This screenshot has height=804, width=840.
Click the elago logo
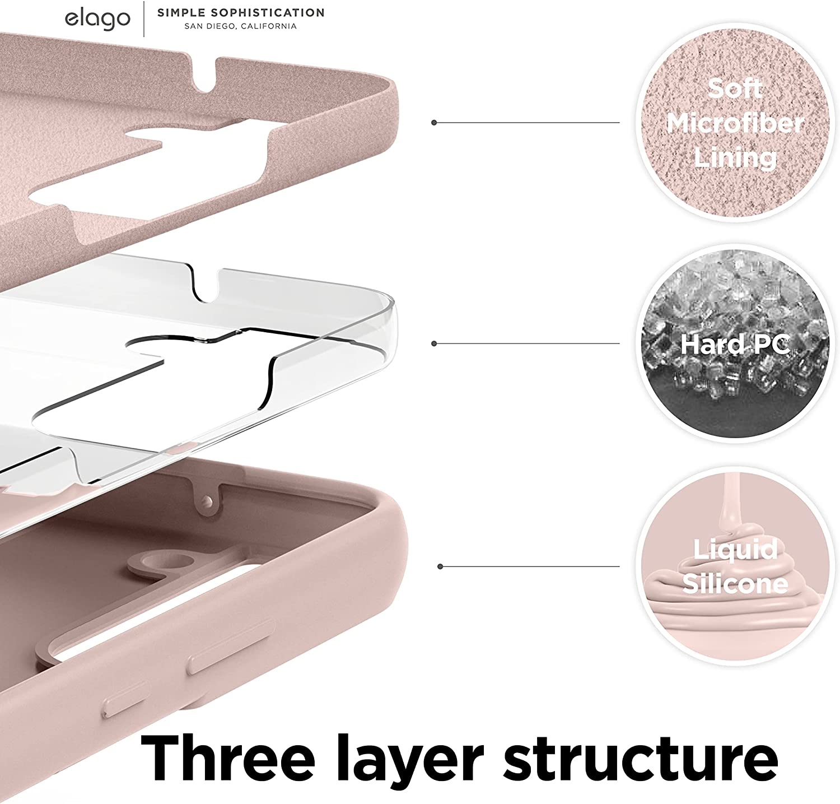(x=97, y=18)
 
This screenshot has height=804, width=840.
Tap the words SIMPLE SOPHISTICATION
(x=240, y=12)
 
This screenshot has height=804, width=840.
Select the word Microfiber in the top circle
(x=735, y=123)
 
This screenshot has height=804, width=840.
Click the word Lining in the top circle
(x=735, y=157)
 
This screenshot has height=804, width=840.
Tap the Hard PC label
(x=735, y=343)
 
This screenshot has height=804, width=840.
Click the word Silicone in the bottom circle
(x=735, y=583)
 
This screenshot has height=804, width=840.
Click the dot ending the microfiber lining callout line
(x=434, y=122)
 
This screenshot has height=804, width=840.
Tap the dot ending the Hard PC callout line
(x=434, y=343)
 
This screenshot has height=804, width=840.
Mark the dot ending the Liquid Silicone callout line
(x=441, y=566)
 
